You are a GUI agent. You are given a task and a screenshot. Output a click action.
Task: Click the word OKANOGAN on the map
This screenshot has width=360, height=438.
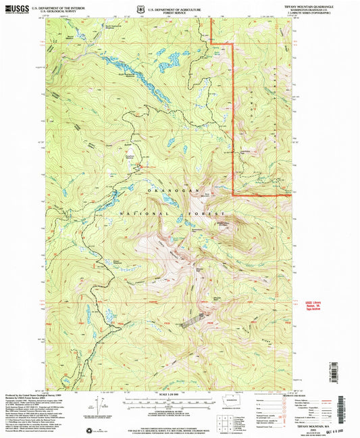coord(166,193)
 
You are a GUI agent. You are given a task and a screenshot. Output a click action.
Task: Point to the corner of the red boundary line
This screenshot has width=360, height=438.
coord(234,195)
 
